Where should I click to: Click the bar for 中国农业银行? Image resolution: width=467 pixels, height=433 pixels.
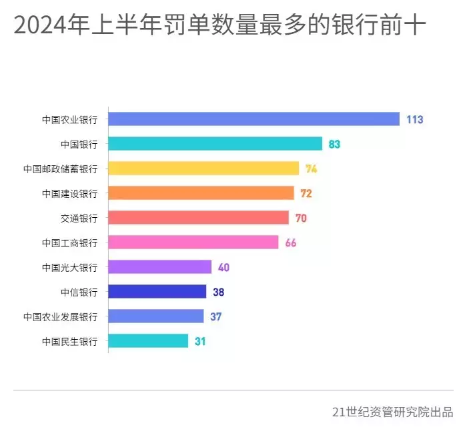(254, 119)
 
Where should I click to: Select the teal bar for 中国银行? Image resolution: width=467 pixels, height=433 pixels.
(215, 144)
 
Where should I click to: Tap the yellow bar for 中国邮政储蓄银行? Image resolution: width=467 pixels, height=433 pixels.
(203, 169)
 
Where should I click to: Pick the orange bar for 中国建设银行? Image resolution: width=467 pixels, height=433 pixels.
(201, 193)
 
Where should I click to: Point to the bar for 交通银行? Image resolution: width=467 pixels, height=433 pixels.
(198, 218)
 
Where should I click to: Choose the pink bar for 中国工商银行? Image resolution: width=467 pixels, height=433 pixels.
(193, 242)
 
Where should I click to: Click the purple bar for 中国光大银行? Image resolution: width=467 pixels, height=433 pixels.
(159, 267)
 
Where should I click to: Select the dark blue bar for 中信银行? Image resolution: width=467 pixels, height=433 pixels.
(157, 292)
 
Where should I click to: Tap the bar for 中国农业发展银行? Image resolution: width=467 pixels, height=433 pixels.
(155, 316)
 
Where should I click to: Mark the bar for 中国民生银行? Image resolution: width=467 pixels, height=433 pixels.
(148, 341)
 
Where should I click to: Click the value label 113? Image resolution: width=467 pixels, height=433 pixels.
(414, 120)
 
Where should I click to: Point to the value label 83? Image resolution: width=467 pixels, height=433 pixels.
(334, 145)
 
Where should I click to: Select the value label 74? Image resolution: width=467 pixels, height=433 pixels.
(311, 169)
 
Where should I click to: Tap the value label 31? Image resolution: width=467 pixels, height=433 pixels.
(199, 342)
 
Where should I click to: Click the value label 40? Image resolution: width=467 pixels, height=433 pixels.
(223, 268)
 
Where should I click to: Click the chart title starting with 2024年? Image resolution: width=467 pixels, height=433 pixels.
(220, 25)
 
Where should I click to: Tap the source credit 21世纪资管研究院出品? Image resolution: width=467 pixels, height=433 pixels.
(392, 412)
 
